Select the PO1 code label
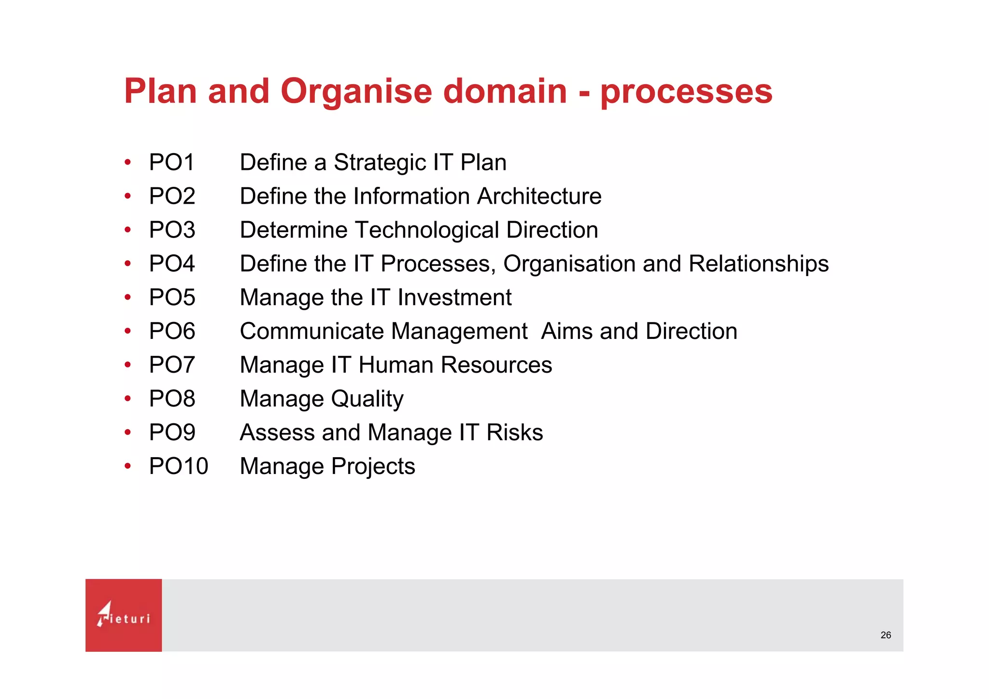coord(171,162)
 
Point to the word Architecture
coord(539,196)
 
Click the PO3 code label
coord(172,230)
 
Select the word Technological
coord(427,230)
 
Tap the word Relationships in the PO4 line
coord(758,264)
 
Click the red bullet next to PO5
coord(127,297)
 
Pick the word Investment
coord(454,297)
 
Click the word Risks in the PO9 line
coord(514,433)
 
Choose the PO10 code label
coord(178,466)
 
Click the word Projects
coord(373,467)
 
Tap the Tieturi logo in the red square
coord(124,615)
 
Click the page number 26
coord(886,635)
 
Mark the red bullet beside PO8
coord(127,399)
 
